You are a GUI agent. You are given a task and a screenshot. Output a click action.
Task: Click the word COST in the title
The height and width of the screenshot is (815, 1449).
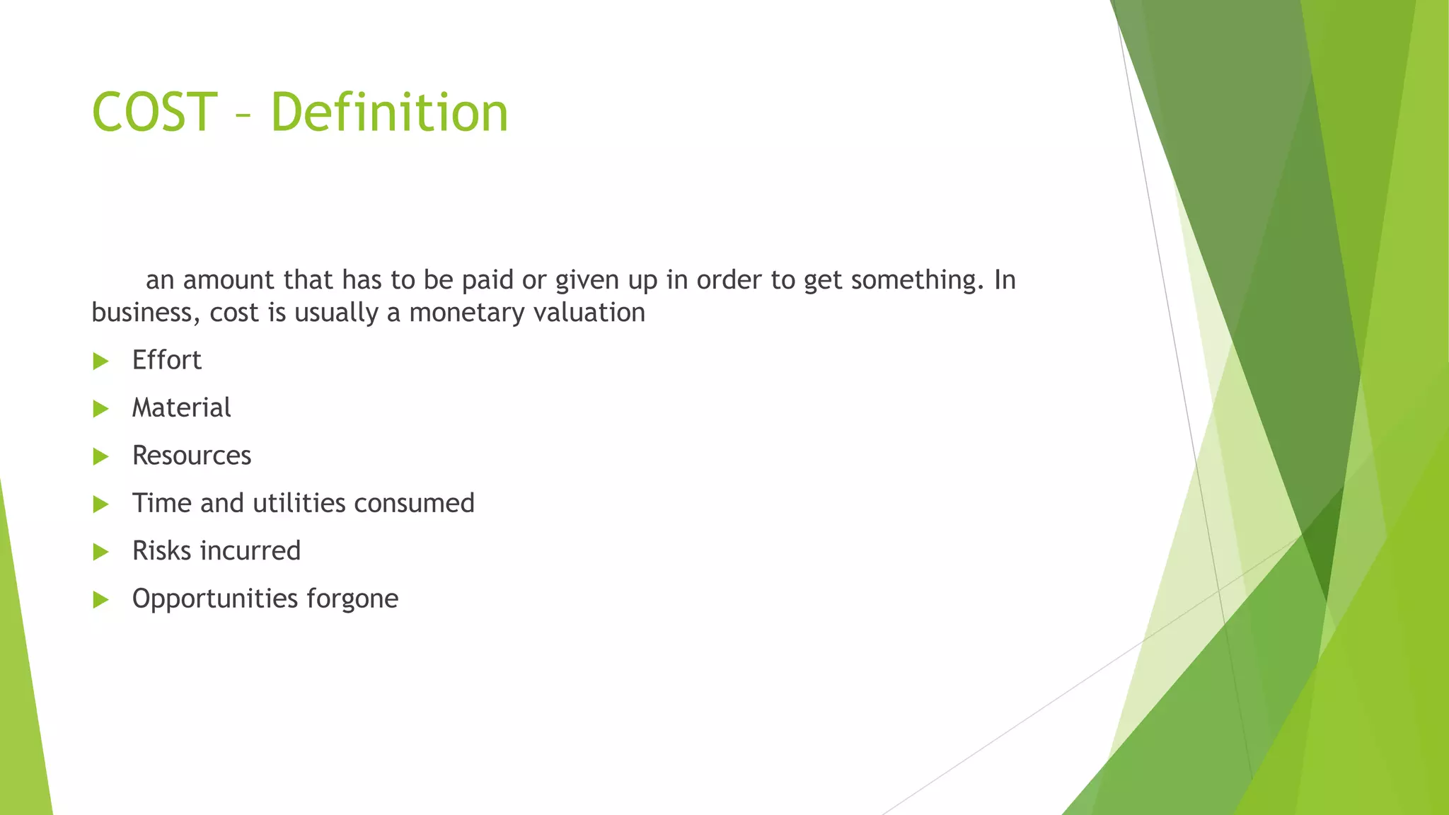pyautogui.click(x=154, y=112)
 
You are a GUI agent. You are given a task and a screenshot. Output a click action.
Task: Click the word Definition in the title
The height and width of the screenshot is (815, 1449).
pyautogui.click(x=389, y=112)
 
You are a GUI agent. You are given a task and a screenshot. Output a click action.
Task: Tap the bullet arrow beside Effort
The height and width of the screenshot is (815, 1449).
pyautogui.click(x=101, y=362)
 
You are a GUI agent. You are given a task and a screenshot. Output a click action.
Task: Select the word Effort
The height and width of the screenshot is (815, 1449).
pyautogui.click(x=166, y=360)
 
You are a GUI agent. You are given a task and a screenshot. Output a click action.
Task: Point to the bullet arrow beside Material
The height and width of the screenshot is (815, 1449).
pyautogui.click(x=101, y=409)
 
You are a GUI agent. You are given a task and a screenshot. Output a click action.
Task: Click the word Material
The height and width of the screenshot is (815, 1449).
pyautogui.click(x=181, y=407)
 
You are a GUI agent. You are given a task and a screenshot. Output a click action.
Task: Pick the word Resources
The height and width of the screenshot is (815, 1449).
pyautogui.click(x=192, y=456)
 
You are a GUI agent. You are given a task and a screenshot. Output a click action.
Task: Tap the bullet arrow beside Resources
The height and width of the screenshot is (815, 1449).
pyautogui.click(x=101, y=457)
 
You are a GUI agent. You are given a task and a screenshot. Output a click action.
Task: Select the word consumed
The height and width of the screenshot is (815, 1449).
pyautogui.click(x=414, y=503)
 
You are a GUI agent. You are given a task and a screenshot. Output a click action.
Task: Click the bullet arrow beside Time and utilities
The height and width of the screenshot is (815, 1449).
pyautogui.click(x=101, y=504)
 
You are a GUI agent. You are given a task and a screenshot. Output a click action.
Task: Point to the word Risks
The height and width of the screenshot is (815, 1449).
pyautogui.click(x=160, y=550)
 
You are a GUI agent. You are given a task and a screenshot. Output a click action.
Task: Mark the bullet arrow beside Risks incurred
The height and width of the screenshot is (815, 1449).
pyautogui.click(x=101, y=552)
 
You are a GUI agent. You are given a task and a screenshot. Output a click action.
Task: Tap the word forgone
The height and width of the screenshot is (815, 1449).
pyautogui.click(x=352, y=599)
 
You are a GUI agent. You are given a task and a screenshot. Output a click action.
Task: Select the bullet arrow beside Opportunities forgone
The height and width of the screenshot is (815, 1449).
pyautogui.click(x=101, y=600)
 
